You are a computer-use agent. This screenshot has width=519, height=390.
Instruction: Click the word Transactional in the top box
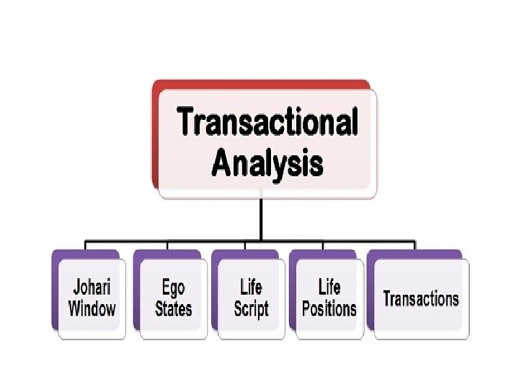coord(267,121)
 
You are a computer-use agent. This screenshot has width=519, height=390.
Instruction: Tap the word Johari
coord(91,287)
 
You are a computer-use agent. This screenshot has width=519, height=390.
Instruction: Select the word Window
coord(92,309)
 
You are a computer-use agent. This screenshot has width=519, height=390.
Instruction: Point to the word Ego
coord(173,287)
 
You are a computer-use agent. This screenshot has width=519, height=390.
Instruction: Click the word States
coord(173,309)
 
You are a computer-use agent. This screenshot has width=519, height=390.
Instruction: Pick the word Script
coord(251,309)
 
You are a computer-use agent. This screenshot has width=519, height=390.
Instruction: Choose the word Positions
coord(329,309)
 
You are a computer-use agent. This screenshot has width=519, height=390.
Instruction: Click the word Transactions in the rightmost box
coord(421,298)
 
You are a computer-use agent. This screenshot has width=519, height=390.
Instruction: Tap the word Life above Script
coord(251,287)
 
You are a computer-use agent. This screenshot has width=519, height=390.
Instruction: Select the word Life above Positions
coord(329,287)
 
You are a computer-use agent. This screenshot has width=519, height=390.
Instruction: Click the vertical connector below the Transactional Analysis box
coord(261,217)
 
